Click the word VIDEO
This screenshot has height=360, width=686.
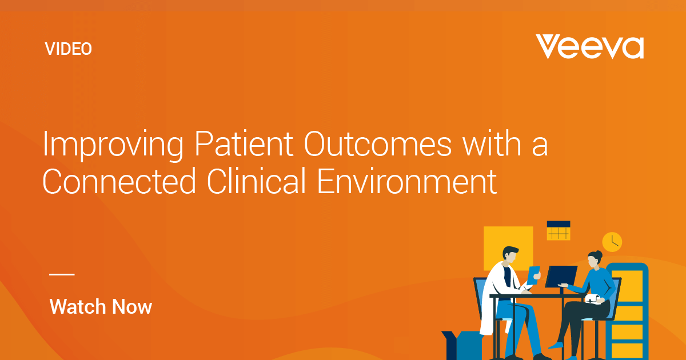pyautogui.click(x=68, y=49)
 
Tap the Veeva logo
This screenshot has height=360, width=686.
pyautogui.click(x=589, y=46)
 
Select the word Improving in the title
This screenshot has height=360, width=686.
pyautogui.click(x=113, y=145)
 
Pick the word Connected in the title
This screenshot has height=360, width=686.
pyautogui.click(x=119, y=181)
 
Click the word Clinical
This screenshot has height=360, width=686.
pyautogui.click(x=256, y=181)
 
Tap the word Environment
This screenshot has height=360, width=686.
pyautogui.click(x=406, y=181)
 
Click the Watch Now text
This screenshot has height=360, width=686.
pyautogui.click(x=101, y=306)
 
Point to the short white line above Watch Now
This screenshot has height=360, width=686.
pyautogui.click(x=62, y=274)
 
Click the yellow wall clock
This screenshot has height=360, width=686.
pyautogui.click(x=612, y=242)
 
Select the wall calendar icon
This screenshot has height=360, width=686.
pyautogui.click(x=559, y=230)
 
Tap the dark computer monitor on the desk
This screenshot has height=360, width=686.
pyautogui.click(x=561, y=277)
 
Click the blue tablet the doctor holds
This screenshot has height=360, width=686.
pyautogui.click(x=533, y=275)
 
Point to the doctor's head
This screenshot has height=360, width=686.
pyautogui.click(x=510, y=255)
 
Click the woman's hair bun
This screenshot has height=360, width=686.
pyautogui.click(x=599, y=254)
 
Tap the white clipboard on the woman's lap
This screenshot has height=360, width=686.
pyautogui.click(x=593, y=299)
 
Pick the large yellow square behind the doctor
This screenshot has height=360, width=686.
pyautogui.click(x=508, y=248)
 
